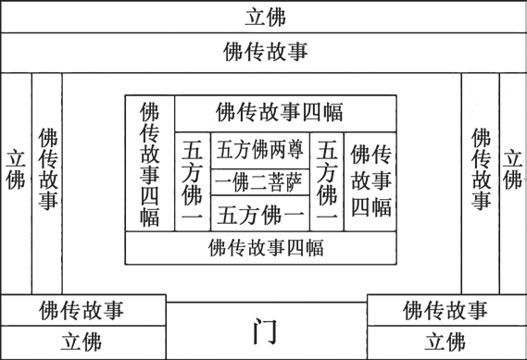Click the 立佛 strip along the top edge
(x=264, y=17)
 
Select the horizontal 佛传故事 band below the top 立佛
(x=264, y=52)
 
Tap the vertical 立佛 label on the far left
(x=16, y=168)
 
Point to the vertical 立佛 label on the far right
(x=511, y=168)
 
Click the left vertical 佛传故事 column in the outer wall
(x=48, y=168)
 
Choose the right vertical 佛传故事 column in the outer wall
(x=480, y=168)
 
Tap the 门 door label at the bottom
(x=268, y=331)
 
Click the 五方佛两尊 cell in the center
(x=259, y=148)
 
